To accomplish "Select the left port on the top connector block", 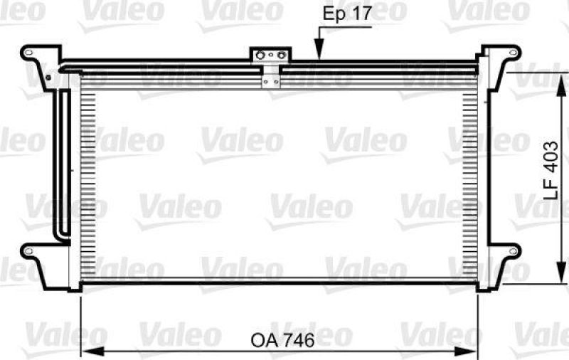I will click(262, 55).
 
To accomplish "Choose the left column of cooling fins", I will click(87, 178).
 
